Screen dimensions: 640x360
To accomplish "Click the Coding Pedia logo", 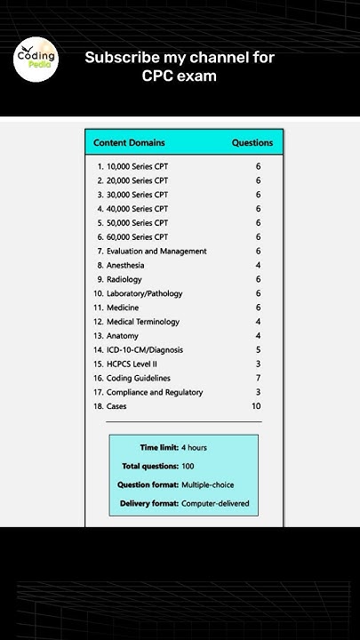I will pos(36,60).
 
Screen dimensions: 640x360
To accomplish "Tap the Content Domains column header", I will pos(129,142).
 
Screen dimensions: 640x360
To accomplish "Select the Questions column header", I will pos(252,142).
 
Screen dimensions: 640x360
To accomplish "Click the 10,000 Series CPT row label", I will pos(137,166).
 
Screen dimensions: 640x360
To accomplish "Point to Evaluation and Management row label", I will pos(156,251).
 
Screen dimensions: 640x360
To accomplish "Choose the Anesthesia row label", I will pos(125,265).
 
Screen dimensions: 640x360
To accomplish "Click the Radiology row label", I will pos(124,279).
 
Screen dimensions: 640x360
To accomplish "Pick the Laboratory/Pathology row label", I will pos(144,293).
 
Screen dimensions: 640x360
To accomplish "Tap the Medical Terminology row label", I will pos(142,322).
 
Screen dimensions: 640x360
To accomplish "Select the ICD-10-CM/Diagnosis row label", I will pos(145,350).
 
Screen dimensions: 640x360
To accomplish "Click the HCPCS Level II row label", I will pos(132,364).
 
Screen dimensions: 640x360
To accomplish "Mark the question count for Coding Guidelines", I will pos(258,378).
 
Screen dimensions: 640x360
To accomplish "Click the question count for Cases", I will pos(256,406).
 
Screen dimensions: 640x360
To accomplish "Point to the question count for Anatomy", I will pos(258,336).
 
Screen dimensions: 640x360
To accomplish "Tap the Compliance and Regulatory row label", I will pos(155,392).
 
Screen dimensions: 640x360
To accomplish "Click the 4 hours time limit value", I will pos(194,447).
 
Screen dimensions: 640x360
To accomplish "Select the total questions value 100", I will pos(188,466).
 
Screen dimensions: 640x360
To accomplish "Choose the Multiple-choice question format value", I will pos(208,484).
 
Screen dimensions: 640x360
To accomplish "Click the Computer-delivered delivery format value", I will pos(215,503).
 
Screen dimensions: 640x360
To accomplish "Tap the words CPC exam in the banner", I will pos(180,76).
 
